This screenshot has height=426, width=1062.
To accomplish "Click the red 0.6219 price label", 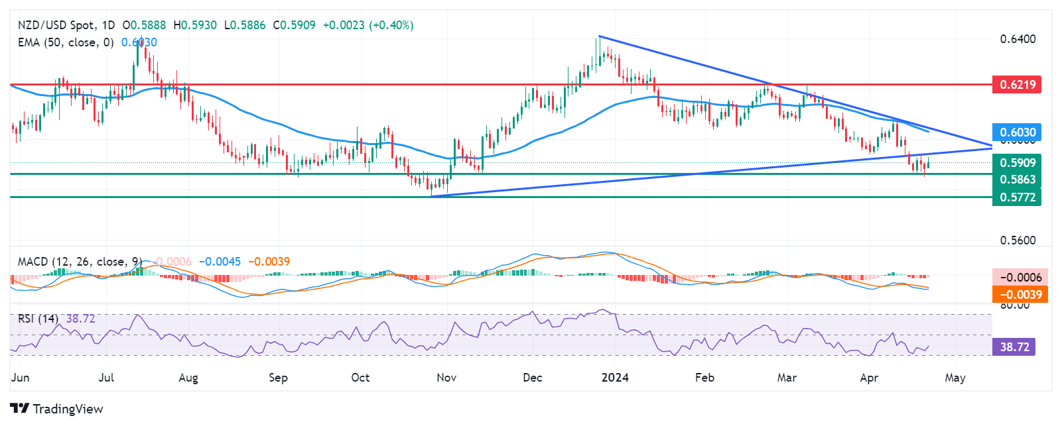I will click(1016, 84).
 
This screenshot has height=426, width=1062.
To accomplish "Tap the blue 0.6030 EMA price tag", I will click(1016, 133).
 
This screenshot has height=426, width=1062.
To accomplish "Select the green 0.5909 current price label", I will click(1016, 162).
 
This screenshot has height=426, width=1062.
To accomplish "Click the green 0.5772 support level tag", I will click(1016, 197).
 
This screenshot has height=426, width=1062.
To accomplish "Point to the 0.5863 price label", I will click(1016, 180).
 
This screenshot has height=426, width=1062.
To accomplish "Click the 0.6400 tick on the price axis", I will click(1018, 39).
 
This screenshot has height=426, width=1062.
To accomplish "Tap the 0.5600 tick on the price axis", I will click(1018, 240).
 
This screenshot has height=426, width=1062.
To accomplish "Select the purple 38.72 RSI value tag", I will click(1014, 346).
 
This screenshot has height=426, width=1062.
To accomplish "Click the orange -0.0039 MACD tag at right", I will click(1020, 294).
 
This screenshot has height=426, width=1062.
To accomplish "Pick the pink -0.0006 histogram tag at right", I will click(1020, 278).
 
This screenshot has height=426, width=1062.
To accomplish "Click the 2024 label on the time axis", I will click(615, 378).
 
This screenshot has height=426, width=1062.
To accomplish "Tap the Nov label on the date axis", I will click(446, 378).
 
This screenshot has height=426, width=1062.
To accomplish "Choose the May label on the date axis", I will click(955, 378).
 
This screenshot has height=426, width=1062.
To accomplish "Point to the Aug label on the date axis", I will click(188, 378).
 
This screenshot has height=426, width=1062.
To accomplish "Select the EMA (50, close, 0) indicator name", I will click(66, 42).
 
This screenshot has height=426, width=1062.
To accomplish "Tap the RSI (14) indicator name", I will click(38, 319).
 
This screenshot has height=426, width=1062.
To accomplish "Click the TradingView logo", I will click(57, 409).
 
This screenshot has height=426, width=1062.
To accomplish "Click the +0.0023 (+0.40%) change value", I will click(368, 25).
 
